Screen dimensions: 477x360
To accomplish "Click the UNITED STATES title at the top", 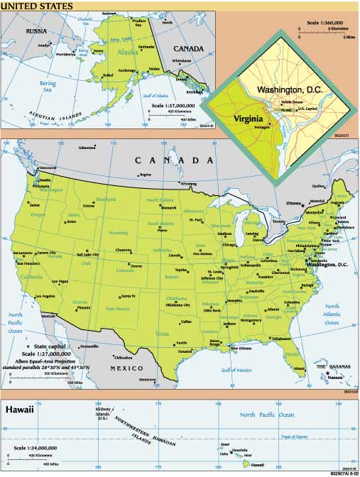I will coord(36,6).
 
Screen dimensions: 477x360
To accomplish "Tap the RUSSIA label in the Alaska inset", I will coord(36,31).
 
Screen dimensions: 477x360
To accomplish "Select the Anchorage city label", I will coord(126,70).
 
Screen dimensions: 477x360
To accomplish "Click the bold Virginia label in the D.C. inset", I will coord(248,119).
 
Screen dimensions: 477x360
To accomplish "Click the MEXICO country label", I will coord(118,369).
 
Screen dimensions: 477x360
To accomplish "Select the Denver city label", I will coord(136,265).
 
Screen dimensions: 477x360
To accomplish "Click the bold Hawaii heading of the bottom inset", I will coord(21,410).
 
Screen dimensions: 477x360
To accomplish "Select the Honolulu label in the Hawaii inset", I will coord(240,450).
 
